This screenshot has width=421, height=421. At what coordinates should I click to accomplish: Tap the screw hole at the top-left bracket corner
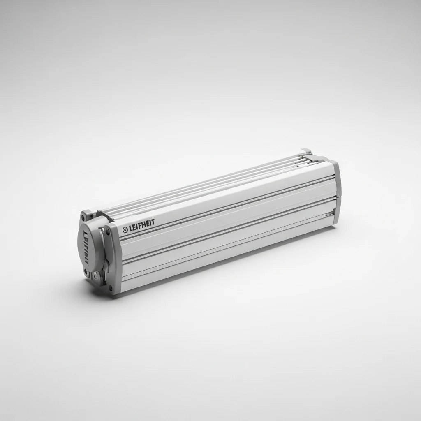(x=85, y=214)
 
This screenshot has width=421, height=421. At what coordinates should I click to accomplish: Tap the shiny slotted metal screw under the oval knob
(x=95, y=275)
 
